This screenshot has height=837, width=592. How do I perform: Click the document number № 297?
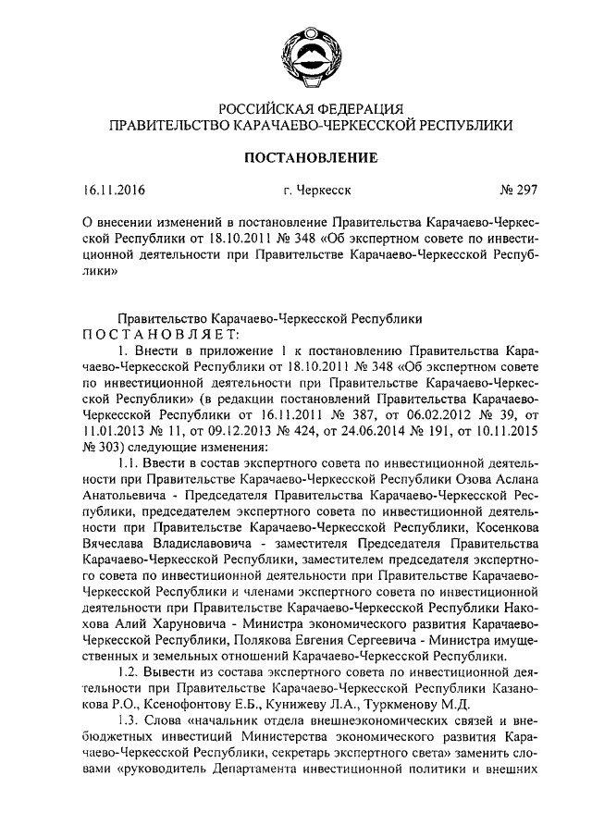(518, 193)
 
